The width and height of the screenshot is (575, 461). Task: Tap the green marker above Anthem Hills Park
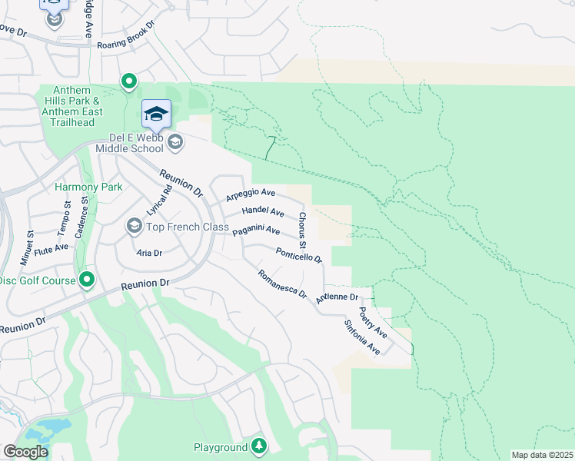pos(129,81)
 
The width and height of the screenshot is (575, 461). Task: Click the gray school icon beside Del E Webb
pos(176,141)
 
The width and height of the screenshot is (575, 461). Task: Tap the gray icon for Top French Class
pos(134,226)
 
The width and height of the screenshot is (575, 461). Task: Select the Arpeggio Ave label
pos(250,195)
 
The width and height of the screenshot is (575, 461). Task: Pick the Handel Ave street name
pos(263,211)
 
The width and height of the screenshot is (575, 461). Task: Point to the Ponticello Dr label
pos(298,254)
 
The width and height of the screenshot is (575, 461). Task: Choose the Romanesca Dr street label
pos(282,284)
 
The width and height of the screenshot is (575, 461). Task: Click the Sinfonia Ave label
pos(362,337)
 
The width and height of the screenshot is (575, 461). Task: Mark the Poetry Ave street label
pos(373,323)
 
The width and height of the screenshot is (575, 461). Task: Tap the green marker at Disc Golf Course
pos(87,280)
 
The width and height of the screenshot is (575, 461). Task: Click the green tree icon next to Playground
pos(260,446)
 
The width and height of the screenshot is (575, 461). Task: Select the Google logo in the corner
pos(25,452)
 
